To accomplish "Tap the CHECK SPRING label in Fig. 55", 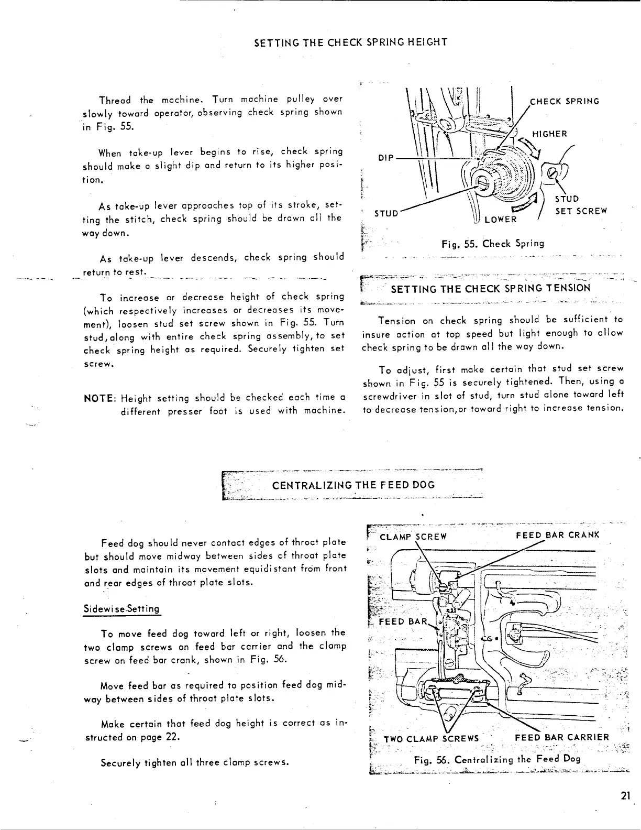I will pyautogui.click(x=565, y=101).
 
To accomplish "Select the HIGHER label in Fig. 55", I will pyautogui.click(x=549, y=134).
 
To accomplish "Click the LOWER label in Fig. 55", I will pyautogui.click(x=500, y=220).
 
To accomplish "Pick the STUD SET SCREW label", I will pyautogui.click(x=580, y=205).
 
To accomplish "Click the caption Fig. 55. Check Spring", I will pyautogui.click(x=492, y=244).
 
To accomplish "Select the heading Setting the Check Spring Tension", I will pyautogui.click(x=491, y=288).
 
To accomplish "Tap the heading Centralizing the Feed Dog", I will pyautogui.click(x=353, y=485).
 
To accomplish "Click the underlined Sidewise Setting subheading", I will pyautogui.click(x=122, y=609).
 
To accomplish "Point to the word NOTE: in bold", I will pyautogui.click(x=100, y=398).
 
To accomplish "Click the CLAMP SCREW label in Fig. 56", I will pyautogui.click(x=413, y=536).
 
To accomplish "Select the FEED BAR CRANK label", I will pyautogui.click(x=557, y=536).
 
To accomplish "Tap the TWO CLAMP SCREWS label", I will pyautogui.click(x=431, y=738).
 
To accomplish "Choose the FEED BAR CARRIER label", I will pyautogui.click(x=562, y=738).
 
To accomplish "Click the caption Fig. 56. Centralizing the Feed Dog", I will pyautogui.click(x=496, y=760).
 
